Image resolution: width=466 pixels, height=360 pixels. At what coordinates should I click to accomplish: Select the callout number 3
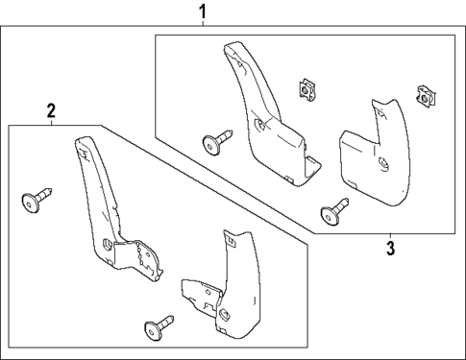tap(390, 249)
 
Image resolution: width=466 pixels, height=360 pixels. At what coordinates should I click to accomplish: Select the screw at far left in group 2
tap(34, 203)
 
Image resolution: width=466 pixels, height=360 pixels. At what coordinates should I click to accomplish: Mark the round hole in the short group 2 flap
tap(224, 313)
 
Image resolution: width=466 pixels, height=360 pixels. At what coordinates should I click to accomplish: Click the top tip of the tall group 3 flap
tap(231, 45)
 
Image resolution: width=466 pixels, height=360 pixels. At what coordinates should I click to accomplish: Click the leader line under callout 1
tap(202, 27)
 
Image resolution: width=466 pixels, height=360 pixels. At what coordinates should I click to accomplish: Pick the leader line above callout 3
tap(390, 236)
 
